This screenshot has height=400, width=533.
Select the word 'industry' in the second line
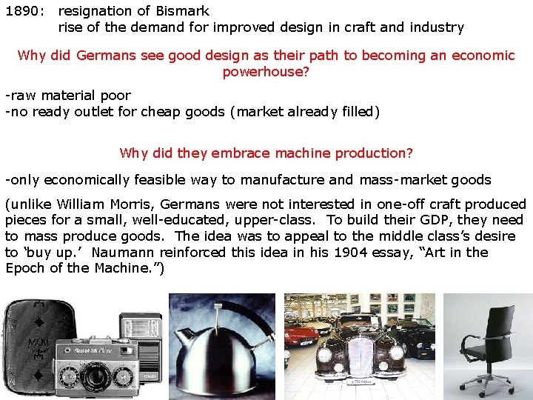pos(438,27)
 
